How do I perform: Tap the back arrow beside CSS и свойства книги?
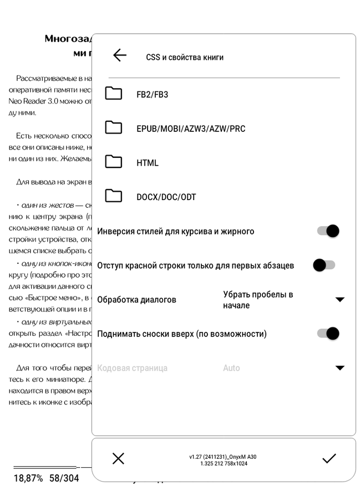[x=119, y=55]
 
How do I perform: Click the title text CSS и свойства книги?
[x=185, y=57]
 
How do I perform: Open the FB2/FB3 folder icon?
[x=114, y=94]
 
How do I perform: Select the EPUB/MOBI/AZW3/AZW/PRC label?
[x=191, y=129]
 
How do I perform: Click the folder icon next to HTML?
[x=114, y=162]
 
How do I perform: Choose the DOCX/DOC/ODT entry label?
[x=166, y=197]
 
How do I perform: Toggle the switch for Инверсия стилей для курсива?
[x=328, y=231]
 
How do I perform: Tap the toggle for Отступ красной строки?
[x=324, y=265]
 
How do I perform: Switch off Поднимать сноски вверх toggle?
[x=328, y=334]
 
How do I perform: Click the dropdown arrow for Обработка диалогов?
[x=339, y=300]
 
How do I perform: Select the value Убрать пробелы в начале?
[x=258, y=300]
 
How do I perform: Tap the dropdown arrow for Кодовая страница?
[x=339, y=368]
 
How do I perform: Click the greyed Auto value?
[x=231, y=368]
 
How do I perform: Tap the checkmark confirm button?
[x=329, y=458]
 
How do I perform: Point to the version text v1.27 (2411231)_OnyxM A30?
[x=222, y=457]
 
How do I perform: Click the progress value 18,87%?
[x=28, y=478]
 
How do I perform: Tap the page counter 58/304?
[x=64, y=478]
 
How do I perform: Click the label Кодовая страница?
[x=132, y=368]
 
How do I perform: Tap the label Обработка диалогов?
[x=136, y=300]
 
